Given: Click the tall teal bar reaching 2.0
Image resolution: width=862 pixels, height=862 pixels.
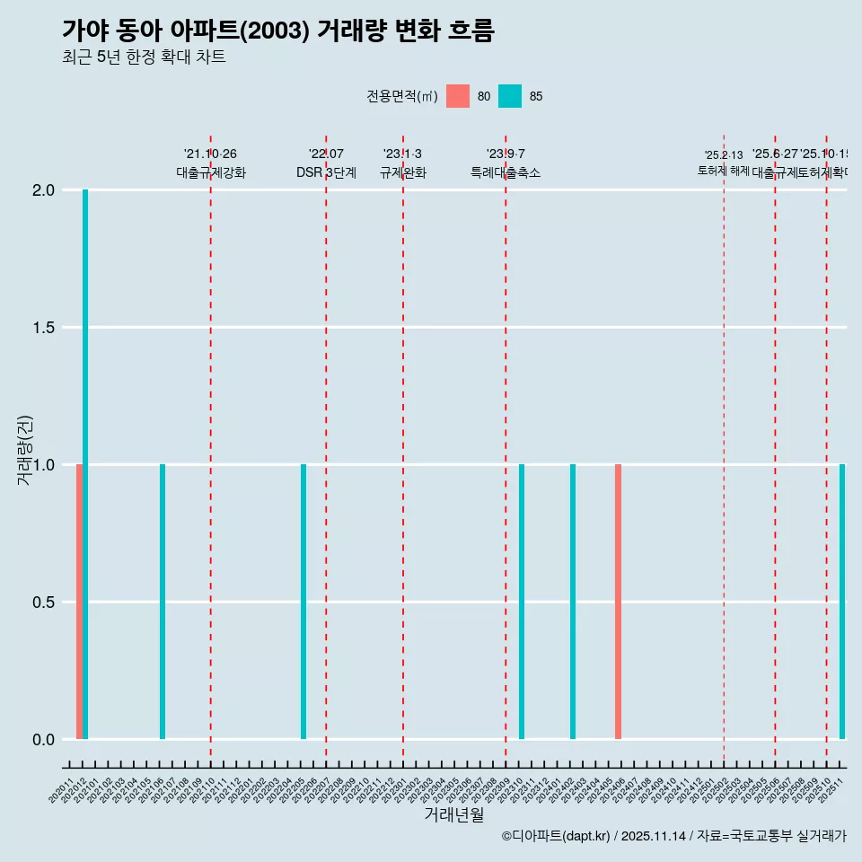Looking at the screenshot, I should click(85, 463).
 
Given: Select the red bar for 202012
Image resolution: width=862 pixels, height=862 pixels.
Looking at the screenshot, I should click(79, 602).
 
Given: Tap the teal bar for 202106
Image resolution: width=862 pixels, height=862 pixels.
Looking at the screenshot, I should click(163, 602).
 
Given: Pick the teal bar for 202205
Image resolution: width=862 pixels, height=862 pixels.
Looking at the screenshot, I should click(303, 602).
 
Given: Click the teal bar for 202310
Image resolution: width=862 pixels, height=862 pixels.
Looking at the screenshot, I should click(522, 602).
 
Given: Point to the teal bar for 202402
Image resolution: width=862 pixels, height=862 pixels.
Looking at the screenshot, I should click(573, 602).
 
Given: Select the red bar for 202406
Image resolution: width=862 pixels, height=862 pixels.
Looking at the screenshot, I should click(618, 602).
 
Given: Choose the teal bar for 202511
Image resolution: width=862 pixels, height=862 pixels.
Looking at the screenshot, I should click(842, 602).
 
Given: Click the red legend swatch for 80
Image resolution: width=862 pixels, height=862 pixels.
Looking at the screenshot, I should click(458, 96).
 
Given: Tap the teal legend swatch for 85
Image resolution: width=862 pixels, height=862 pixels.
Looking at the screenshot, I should click(510, 96).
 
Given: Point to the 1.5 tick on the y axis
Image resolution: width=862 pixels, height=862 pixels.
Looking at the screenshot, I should click(44, 328).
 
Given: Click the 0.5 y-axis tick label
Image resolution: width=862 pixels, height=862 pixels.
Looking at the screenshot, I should click(44, 603).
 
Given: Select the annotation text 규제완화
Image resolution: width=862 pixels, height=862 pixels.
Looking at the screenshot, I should click(402, 173).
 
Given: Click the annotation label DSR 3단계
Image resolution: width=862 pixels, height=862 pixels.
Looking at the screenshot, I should click(326, 173).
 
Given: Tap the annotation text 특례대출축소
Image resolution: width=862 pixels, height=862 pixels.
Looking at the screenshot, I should click(506, 173).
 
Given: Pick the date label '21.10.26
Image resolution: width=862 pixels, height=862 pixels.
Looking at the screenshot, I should click(210, 154).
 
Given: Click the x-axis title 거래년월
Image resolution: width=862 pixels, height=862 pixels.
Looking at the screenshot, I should click(453, 815).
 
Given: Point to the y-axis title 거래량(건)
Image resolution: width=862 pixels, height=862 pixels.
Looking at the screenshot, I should click(25, 450).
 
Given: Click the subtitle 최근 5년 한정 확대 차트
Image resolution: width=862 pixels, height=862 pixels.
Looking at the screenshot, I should click(144, 57).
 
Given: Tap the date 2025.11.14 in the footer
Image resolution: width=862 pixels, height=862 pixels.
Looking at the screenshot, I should click(654, 837).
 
